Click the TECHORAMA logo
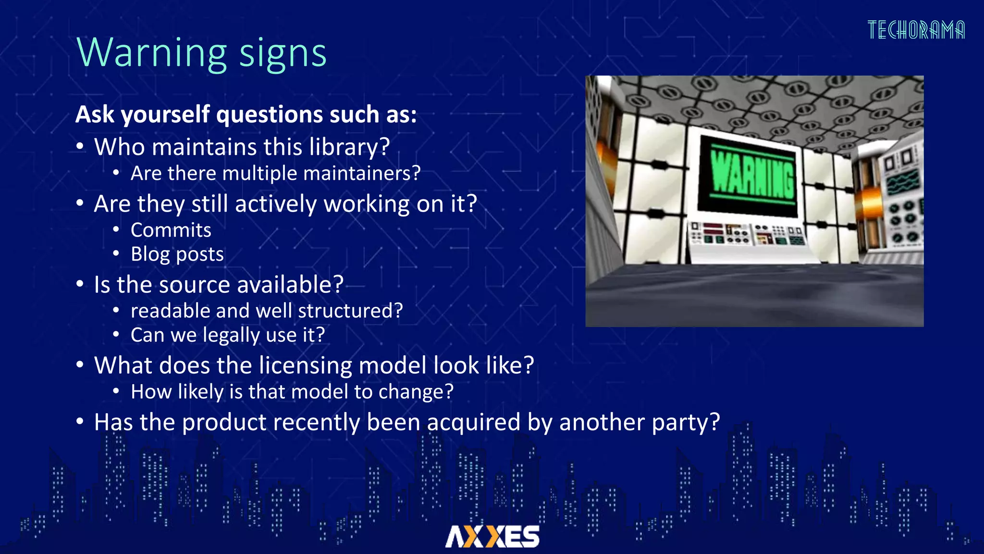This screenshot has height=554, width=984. (x=916, y=30)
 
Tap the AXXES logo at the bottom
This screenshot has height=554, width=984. (x=492, y=536)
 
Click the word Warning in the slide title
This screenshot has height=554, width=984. (x=152, y=53)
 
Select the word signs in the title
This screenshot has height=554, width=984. (x=283, y=54)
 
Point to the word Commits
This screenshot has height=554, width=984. (x=171, y=230)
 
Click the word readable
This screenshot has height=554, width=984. (x=170, y=311)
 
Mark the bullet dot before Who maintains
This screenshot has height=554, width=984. (x=80, y=146)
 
